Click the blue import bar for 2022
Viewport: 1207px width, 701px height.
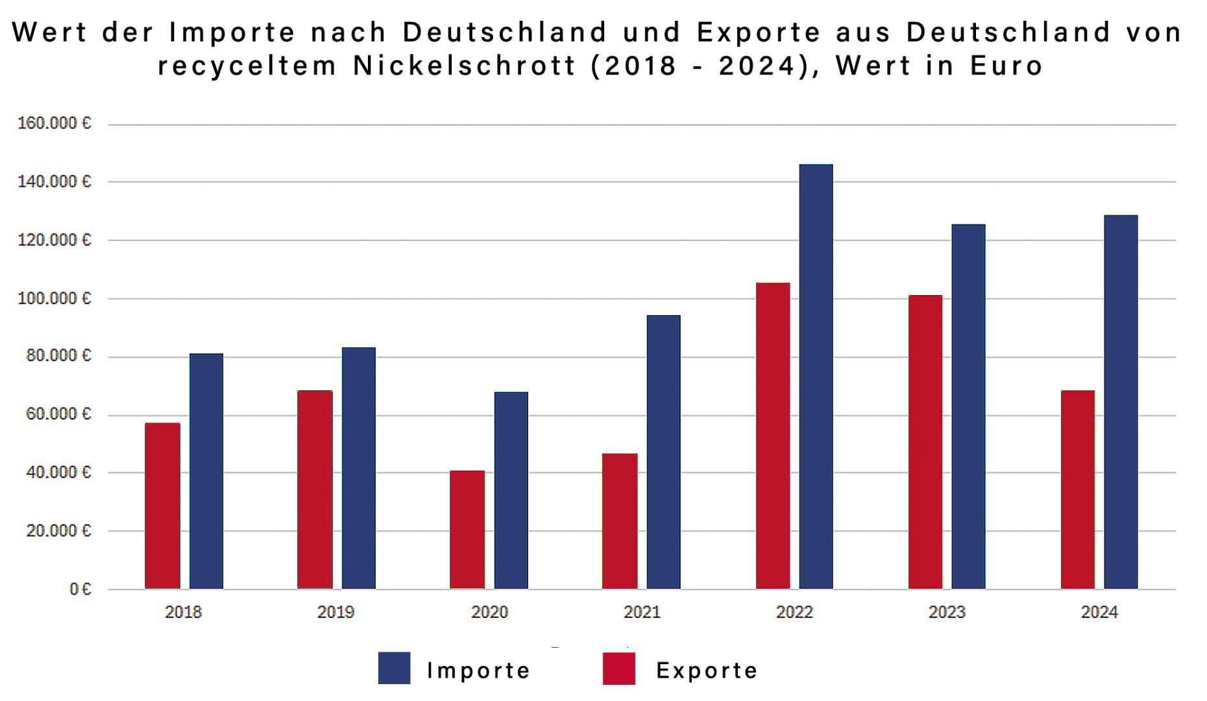coord(816,376)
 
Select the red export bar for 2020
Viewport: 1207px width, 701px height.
coord(467,529)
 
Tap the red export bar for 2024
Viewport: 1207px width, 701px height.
coord(1077,490)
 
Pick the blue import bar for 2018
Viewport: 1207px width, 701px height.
coord(206,471)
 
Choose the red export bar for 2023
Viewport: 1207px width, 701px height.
coord(925,442)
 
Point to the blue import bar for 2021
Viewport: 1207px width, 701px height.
coord(663,452)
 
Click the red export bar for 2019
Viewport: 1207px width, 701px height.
coord(315,490)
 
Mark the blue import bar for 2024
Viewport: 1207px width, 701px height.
coord(1121,401)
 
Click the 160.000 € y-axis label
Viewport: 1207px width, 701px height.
coord(55,123)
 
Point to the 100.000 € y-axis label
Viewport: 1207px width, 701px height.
coord(55,298)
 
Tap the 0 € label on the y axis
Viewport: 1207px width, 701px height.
coord(80,589)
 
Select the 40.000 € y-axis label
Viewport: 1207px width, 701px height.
coord(58,472)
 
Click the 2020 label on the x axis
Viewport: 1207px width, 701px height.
coord(489,612)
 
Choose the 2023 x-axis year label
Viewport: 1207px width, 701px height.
coord(947,612)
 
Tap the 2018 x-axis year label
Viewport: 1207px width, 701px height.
coord(183,612)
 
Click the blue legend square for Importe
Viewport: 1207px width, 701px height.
coord(394,668)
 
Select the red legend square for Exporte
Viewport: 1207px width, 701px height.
coord(618,668)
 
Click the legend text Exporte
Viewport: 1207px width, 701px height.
coord(707,670)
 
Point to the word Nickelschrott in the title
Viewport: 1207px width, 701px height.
coord(464,65)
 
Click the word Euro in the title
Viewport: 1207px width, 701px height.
coord(1006,65)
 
